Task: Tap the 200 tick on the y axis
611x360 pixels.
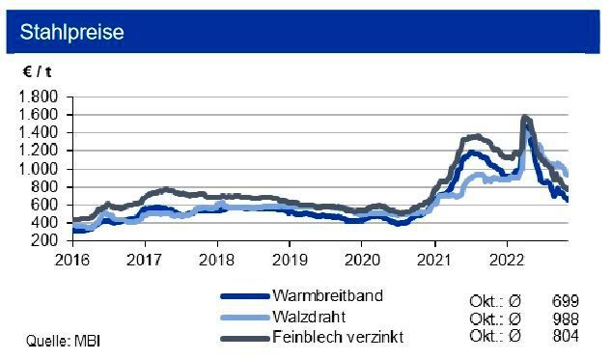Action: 46,241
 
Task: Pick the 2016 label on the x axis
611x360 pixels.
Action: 72,259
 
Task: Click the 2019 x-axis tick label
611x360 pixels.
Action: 290,259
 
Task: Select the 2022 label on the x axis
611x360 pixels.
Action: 507,259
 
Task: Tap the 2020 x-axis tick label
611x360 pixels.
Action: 362,259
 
